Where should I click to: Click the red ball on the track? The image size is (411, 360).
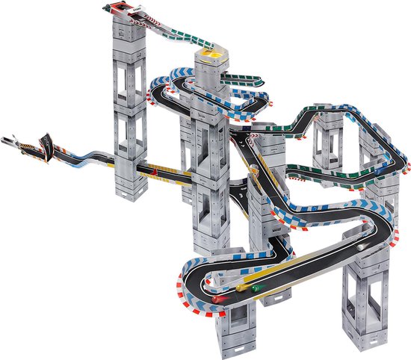click(217, 298)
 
